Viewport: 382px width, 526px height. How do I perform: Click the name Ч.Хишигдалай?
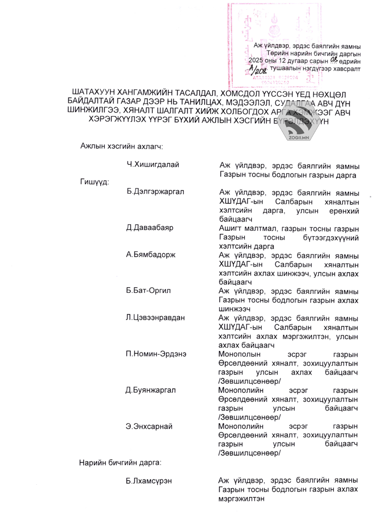click(x=153, y=165)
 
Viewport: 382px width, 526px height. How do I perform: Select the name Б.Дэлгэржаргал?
click(x=155, y=192)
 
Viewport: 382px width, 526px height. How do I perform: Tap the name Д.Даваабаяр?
click(x=150, y=228)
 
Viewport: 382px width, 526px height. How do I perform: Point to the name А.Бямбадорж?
click(x=151, y=255)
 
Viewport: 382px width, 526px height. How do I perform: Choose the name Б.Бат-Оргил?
click(x=148, y=291)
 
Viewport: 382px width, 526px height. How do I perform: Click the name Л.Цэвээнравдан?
click(x=155, y=318)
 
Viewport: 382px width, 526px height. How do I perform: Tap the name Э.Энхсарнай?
click(x=149, y=426)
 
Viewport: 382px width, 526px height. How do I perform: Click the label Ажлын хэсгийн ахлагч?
click(x=121, y=146)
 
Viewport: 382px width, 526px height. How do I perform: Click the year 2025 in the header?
click(x=256, y=61)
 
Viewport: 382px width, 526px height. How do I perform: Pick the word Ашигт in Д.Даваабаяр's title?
click(x=229, y=228)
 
